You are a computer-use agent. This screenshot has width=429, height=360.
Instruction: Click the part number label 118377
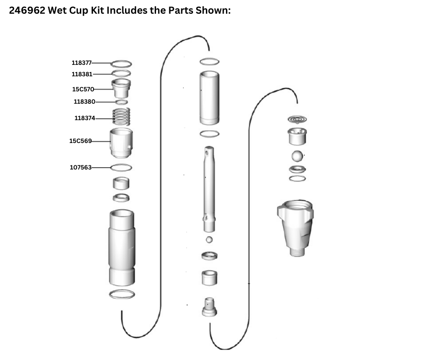coord(82,63)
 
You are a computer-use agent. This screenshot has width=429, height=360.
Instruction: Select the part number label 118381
coord(82,74)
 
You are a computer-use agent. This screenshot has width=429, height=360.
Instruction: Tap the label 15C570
coord(83,90)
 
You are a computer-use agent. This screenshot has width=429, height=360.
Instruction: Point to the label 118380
coord(84,101)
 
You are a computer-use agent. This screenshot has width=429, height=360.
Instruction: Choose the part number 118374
coord(85,118)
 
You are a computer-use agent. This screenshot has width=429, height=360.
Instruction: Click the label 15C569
coord(80,141)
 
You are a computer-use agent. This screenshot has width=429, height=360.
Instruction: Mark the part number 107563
coord(81,167)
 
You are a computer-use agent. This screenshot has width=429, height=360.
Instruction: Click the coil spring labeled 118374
coord(121,116)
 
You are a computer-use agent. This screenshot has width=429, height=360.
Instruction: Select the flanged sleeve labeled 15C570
coord(121,88)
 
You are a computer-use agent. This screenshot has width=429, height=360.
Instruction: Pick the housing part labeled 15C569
coord(121,143)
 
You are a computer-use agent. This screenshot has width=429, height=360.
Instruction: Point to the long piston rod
coord(209,189)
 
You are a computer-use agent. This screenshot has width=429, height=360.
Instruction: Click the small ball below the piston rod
coord(209,240)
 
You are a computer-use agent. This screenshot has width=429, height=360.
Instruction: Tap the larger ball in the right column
coord(297,156)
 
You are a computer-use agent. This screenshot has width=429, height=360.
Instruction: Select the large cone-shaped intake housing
coord(295,228)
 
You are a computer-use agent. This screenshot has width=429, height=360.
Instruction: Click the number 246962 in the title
coord(27,11)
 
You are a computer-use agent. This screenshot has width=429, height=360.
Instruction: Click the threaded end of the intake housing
coord(297,252)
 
